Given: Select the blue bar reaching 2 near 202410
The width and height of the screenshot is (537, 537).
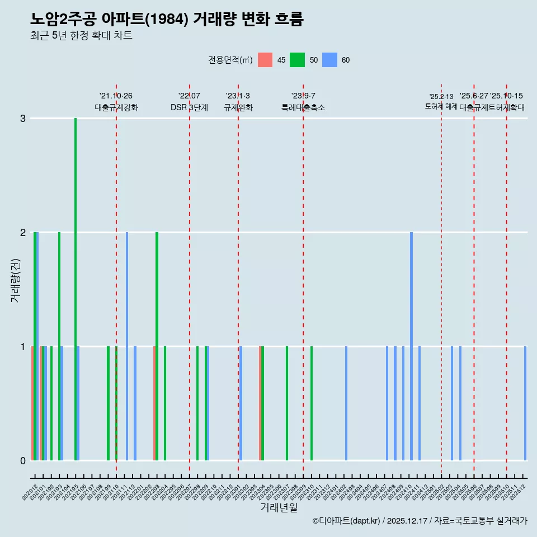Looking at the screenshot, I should click(x=411, y=347).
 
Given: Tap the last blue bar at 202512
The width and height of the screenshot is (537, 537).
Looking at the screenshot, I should click(x=525, y=403).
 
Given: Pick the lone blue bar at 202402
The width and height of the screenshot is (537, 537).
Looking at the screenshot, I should click(x=346, y=403).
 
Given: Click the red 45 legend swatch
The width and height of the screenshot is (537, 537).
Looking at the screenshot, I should click(x=265, y=60).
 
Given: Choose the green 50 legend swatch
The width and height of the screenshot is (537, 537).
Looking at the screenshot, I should click(x=297, y=60).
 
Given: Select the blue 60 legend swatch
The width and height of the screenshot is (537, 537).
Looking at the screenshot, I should click(x=329, y=60).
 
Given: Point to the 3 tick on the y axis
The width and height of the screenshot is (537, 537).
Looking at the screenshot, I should click(x=23, y=119).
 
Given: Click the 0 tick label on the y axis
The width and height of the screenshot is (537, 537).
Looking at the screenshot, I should click(x=23, y=460).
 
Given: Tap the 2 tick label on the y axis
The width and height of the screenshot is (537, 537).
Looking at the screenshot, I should click(x=23, y=233).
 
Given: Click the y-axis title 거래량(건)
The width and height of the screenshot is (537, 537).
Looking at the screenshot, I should click(x=15, y=280).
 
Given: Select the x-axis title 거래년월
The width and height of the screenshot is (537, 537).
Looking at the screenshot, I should click(x=279, y=507).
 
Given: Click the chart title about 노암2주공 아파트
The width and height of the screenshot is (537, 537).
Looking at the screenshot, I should click(x=167, y=20).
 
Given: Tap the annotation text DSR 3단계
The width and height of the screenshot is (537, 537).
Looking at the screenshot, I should click(x=189, y=107).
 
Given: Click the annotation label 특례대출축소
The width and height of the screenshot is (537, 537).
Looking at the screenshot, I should click(x=303, y=107).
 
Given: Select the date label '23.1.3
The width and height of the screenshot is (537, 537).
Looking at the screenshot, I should click(x=238, y=96).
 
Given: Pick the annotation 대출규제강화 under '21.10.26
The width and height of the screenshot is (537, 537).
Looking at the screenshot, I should click(x=116, y=107).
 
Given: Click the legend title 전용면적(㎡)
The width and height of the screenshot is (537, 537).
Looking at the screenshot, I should click(x=230, y=60).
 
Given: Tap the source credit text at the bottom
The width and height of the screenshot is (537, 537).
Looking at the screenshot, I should click(x=420, y=521).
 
